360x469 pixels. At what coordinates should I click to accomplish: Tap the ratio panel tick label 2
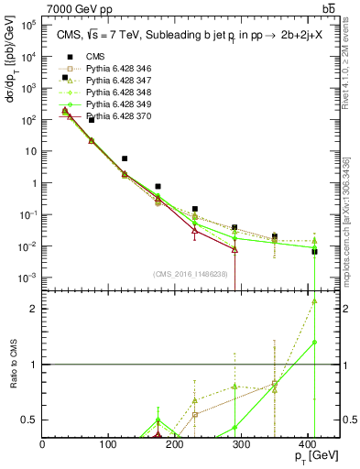[x=35, y=308]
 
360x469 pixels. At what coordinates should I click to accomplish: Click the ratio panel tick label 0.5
[x=31, y=420]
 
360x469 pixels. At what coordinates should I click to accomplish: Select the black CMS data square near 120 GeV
[x=125, y=158]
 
